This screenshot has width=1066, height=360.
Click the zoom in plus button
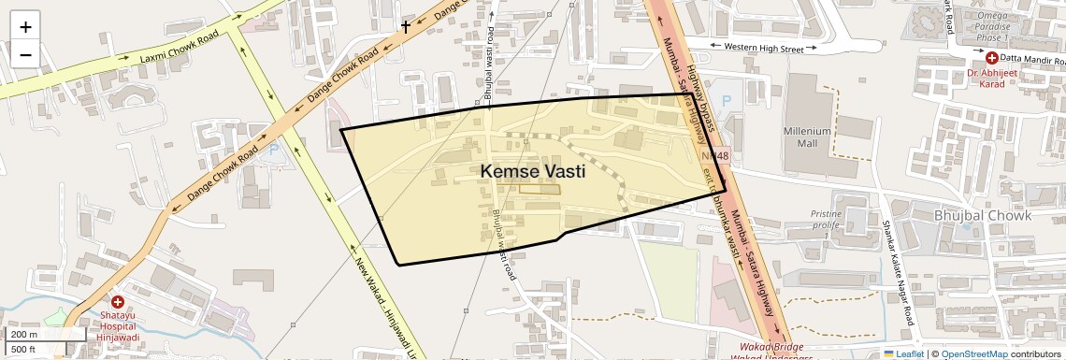click(x=25, y=26)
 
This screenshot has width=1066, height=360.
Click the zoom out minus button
click(x=25, y=54)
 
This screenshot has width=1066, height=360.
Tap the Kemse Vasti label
click(x=533, y=171)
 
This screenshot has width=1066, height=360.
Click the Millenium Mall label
click(x=807, y=138)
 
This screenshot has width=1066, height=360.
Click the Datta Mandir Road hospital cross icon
click(x=992, y=58)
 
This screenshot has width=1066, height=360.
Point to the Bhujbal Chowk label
click(x=982, y=216)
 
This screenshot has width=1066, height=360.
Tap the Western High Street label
click(x=764, y=47)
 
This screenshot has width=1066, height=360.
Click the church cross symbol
click(x=406, y=27)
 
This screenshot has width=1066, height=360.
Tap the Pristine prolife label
click(x=827, y=220)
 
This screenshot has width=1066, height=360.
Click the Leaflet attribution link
click(x=904, y=353)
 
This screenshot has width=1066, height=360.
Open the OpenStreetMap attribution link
click(x=974, y=353)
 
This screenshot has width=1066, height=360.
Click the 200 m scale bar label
click(x=24, y=335)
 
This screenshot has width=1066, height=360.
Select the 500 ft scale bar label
click(x=23, y=350)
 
